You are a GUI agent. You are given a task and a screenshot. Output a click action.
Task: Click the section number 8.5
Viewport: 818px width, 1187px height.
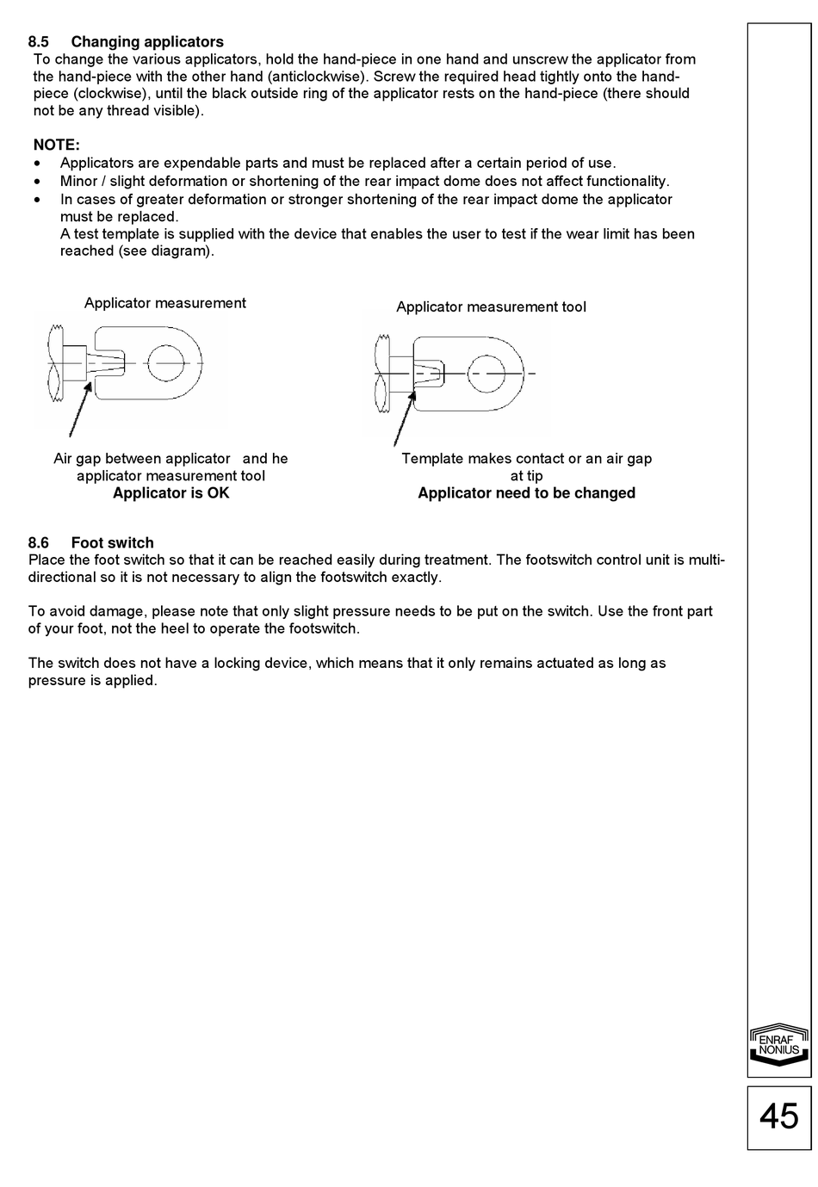point(38,42)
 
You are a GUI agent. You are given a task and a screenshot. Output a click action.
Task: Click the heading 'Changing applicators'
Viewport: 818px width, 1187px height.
point(147,42)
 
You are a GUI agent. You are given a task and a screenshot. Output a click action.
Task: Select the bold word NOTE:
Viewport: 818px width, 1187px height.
point(57,145)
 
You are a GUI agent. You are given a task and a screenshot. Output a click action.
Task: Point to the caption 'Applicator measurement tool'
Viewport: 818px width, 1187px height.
point(491,306)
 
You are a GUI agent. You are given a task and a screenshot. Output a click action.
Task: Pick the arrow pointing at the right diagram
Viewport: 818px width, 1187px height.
point(405,418)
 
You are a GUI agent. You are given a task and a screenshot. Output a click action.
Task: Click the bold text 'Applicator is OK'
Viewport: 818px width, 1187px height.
point(170,493)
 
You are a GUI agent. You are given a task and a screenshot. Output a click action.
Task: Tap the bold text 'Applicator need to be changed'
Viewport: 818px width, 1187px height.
point(526,493)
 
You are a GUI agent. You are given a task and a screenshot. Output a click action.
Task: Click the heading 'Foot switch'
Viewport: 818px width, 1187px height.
point(113,542)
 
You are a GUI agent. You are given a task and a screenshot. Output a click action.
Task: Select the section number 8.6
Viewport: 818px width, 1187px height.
point(38,542)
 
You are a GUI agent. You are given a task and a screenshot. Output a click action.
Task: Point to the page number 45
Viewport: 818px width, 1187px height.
point(778,1116)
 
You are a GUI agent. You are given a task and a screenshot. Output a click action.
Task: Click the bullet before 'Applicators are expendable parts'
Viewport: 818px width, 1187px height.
point(36,164)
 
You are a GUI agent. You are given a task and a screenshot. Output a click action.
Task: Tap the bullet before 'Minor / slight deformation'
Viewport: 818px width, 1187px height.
point(36,182)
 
